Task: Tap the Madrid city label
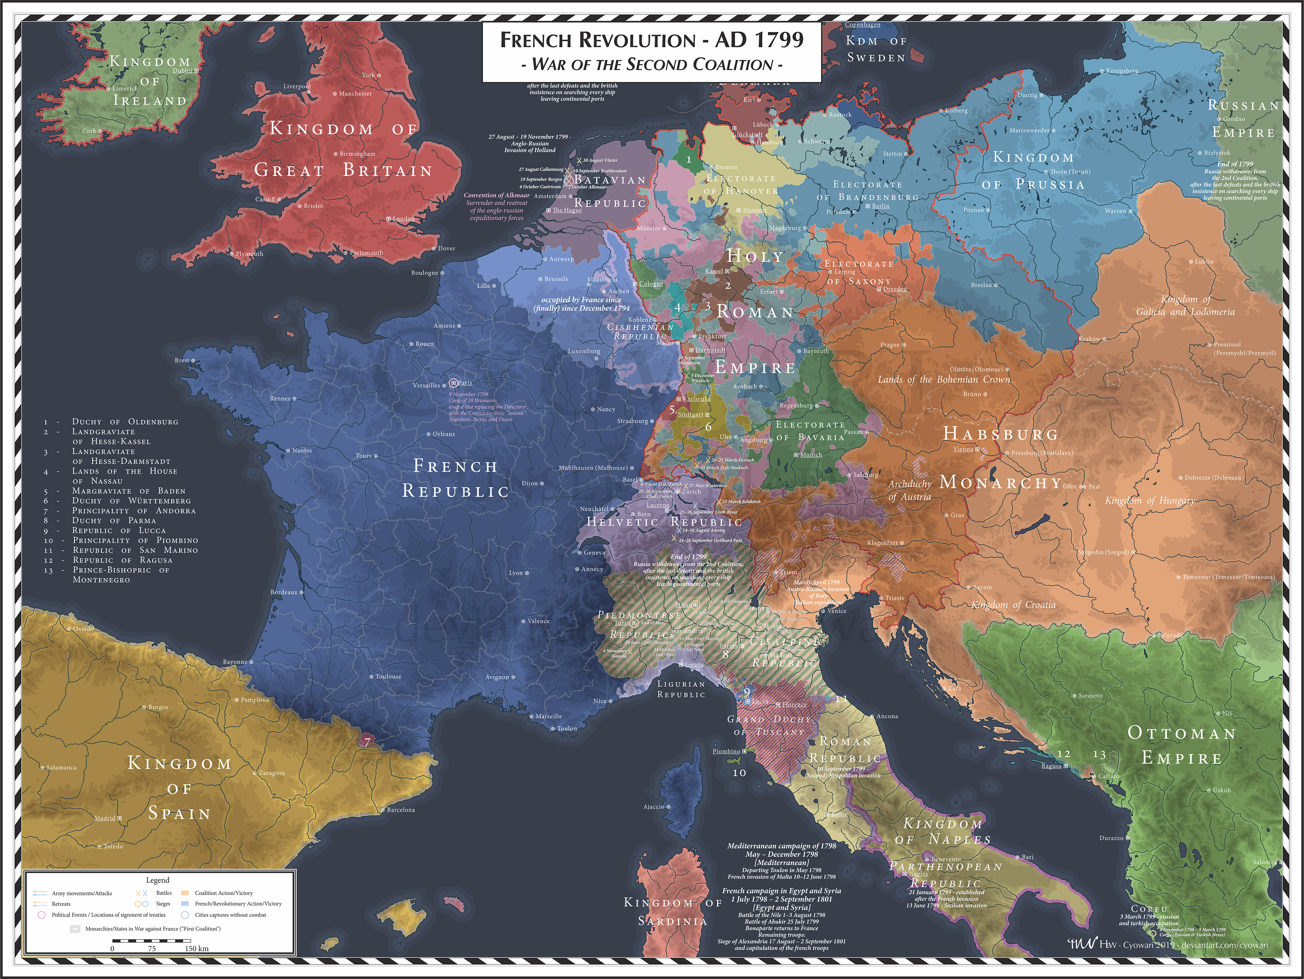(x=105, y=818)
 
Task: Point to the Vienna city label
(x=963, y=449)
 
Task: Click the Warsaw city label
(x=1115, y=210)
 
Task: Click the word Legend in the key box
(x=157, y=880)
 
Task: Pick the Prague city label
(x=890, y=345)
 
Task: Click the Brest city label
(x=182, y=360)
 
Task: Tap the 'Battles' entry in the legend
(x=164, y=893)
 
